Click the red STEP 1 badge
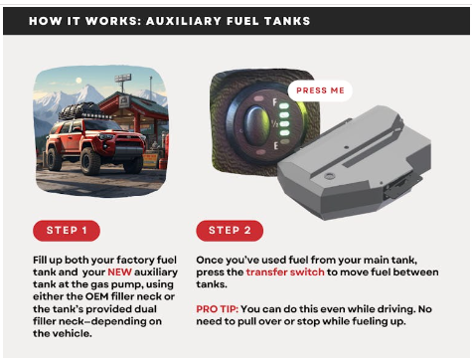coord(67,231)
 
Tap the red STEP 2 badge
coord(230,231)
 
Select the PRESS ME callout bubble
coord(320,90)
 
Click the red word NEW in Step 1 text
coord(119,272)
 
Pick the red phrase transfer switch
coord(285,272)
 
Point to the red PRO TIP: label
coord(217,309)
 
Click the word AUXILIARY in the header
coord(184,21)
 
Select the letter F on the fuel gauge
coord(275,102)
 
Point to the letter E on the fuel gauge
coord(276,145)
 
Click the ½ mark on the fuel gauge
coord(274,124)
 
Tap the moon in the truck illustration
coord(79,81)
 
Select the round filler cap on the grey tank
coord(329,176)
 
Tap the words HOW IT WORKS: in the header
coord(83,21)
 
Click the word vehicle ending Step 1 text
coord(74,333)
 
